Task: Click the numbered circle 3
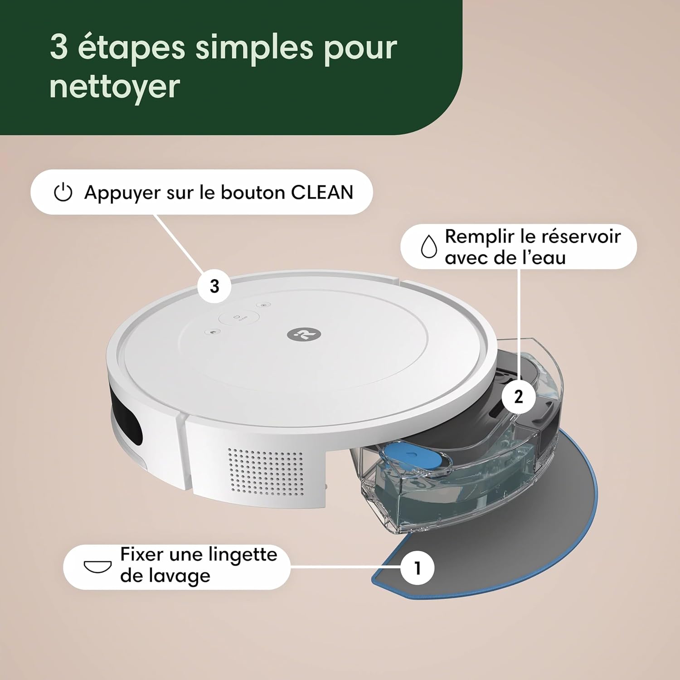[x=214, y=287]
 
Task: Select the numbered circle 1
[x=418, y=568]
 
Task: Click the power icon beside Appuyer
[x=63, y=192]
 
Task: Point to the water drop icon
[x=429, y=246]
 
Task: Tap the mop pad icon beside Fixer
[x=98, y=566]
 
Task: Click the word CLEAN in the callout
[x=322, y=192]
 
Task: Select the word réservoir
[x=581, y=236]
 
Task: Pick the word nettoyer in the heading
[x=115, y=86]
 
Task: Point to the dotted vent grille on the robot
[x=266, y=471]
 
